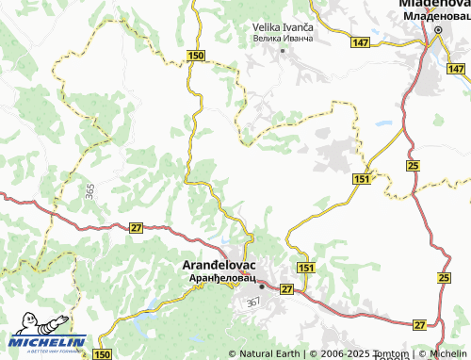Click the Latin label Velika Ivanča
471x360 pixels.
pyautogui.click(x=283, y=28)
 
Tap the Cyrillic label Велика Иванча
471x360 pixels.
pyautogui.click(x=283, y=39)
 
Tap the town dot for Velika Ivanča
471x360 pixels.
pyautogui.click(x=283, y=49)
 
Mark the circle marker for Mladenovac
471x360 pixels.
pyautogui.click(x=438, y=32)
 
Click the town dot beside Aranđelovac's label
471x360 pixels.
pyautogui.click(x=263, y=286)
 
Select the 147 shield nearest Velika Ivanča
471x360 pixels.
pyautogui.click(x=361, y=43)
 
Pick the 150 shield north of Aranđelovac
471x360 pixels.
pyautogui.click(x=195, y=57)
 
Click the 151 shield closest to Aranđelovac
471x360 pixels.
pyautogui.click(x=305, y=269)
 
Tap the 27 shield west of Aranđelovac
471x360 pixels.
pyautogui.click(x=137, y=228)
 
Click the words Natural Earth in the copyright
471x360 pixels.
pyautogui.click(x=270, y=354)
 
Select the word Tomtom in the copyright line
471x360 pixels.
pyautogui.click(x=394, y=354)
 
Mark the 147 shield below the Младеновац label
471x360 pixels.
pyautogui.click(x=457, y=70)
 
